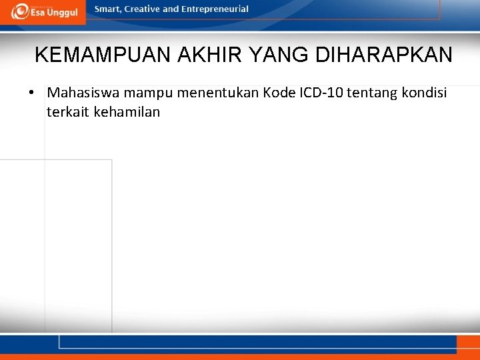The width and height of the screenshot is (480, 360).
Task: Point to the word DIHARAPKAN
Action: (384, 55)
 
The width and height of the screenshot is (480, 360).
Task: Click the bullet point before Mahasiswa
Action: (32, 92)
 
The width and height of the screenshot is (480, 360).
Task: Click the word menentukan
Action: (218, 92)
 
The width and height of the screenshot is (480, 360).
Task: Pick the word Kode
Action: (279, 92)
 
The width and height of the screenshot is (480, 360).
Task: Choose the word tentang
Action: (371, 92)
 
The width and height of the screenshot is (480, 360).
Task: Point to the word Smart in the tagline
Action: (109, 9)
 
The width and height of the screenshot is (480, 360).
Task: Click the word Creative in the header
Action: (143, 9)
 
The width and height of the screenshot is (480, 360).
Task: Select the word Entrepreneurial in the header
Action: (215, 9)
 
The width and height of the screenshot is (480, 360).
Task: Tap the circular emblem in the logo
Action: (20, 11)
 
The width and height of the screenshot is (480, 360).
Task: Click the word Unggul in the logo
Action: (63, 13)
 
